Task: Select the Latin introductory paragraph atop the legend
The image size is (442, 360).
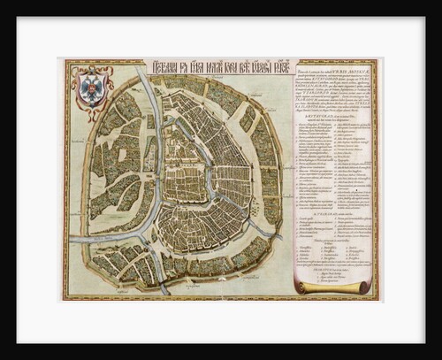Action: pos(336,93)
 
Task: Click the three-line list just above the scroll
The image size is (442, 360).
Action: pos(327,271)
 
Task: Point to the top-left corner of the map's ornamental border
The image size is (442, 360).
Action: pos(62,60)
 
